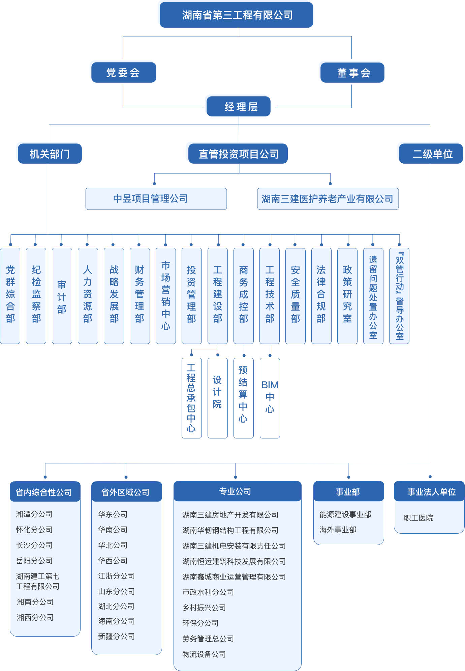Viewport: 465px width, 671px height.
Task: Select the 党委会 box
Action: tap(123, 73)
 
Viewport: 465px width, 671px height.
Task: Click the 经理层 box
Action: tap(239, 107)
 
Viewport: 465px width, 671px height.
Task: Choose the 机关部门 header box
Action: tap(50, 154)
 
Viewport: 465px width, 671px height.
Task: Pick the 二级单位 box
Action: tap(431, 154)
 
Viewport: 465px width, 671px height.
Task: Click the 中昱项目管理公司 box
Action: tap(156, 199)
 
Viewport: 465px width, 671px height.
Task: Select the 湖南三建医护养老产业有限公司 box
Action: tap(328, 199)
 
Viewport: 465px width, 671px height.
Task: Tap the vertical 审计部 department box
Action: tap(62, 296)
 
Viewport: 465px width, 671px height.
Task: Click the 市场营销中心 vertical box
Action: tap(165, 296)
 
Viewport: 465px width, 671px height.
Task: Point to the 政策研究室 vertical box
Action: tap(347, 296)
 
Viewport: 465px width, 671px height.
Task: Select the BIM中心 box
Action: tap(270, 398)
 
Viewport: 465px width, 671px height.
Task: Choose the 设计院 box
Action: tap(217, 398)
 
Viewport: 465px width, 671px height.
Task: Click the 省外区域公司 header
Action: tap(126, 492)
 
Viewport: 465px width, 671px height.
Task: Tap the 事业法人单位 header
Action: tap(430, 492)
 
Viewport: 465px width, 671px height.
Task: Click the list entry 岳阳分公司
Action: tap(34, 561)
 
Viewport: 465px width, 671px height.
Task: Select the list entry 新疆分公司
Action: tap(116, 636)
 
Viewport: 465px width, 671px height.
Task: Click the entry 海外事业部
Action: tap(338, 530)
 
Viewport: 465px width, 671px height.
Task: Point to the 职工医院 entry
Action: tap(418, 518)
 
